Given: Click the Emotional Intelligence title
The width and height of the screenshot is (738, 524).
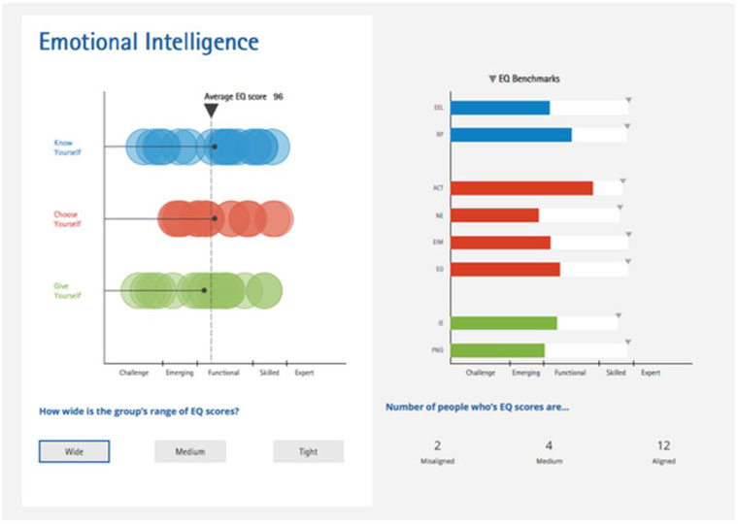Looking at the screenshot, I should pyautogui.click(x=149, y=42).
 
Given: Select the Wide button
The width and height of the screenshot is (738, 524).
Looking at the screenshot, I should pyautogui.click(x=74, y=451).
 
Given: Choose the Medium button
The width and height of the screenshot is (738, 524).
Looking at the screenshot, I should pyautogui.click(x=189, y=451).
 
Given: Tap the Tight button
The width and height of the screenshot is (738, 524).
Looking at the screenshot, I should pyautogui.click(x=308, y=451).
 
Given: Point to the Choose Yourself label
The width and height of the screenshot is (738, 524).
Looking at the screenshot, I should pyautogui.click(x=67, y=219).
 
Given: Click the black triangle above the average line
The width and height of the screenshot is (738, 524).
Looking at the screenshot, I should pyautogui.click(x=211, y=111).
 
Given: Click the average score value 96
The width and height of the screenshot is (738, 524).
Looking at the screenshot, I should pyautogui.click(x=278, y=96).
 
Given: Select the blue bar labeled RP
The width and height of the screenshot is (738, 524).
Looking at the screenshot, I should pyautogui.click(x=511, y=134).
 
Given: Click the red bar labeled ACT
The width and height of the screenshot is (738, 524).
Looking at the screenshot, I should pyautogui.click(x=521, y=188).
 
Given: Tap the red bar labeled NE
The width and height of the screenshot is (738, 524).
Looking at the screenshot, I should pyautogui.click(x=494, y=215).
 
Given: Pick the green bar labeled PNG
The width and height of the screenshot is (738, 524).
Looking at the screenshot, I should pyautogui.click(x=497, y=349).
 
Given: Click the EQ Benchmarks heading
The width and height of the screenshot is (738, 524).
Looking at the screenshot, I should pyautogui.click(x=528, y=79).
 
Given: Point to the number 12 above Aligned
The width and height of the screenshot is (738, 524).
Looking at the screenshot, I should pyautogui.click(x=663, y=446).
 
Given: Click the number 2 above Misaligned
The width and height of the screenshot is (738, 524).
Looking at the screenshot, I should pyautogui.click(x=437, y=446).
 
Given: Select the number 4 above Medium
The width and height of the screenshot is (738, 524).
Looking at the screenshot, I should pyautogui.click(x=550, y=446).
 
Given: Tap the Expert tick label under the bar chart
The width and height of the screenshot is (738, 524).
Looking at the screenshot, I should pyautogui.click(x=651, y=373).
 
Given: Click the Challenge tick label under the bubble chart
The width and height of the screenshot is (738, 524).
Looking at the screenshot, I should pyautogui.click(x=133, y=373).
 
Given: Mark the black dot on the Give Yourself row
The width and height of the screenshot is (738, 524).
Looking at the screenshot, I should pyautogui.click(x=204, y=290).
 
